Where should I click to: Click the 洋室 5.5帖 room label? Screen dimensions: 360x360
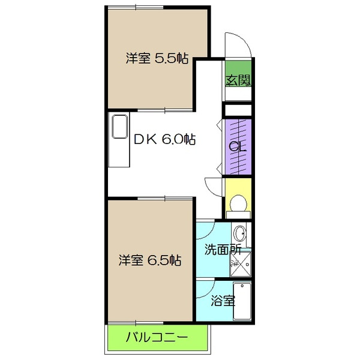point(157,59)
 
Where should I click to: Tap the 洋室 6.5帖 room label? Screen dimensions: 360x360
point(149,260)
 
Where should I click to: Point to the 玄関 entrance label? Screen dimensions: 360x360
point(238,80)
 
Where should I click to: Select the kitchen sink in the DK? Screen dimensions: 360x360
point(119,128)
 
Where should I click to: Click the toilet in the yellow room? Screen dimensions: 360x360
point(239,203)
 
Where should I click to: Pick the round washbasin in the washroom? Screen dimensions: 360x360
point(239,233)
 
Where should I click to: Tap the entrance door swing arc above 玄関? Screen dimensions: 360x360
point(237,45)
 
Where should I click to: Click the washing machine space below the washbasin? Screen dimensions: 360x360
point(243,263)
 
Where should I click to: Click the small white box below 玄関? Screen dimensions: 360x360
point(238,110)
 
